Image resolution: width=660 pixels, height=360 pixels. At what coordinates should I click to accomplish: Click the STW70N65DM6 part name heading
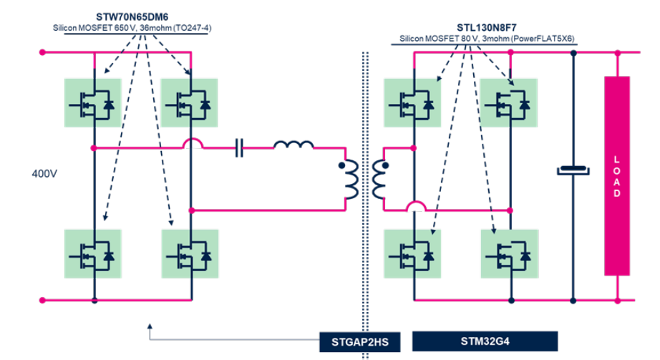click(136, 16)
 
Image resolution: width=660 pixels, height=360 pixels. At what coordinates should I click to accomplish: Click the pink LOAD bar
click(616, 175)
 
